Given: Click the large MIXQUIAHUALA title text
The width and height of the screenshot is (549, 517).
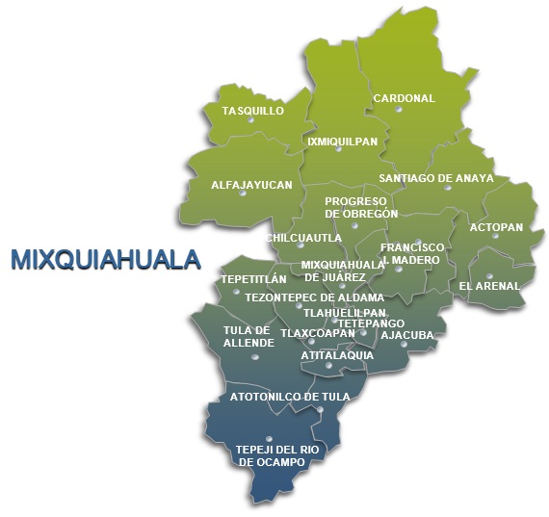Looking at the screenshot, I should point(106,259).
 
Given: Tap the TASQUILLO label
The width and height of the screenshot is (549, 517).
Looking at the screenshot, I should point(252,111).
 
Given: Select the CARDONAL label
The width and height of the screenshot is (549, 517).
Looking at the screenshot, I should point(404,98).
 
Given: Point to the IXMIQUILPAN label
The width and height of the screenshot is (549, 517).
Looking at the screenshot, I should point(342,142).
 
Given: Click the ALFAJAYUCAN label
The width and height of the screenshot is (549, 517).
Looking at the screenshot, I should point(250,184).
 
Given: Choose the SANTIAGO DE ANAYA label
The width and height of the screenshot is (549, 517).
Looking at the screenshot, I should point(435,178).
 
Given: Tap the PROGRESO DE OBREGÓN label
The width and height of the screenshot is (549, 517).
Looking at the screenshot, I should point(361,207).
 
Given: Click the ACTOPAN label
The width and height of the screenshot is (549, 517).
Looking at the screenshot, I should point(495,227).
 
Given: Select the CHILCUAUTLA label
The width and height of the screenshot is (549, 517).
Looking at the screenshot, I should point(303,237).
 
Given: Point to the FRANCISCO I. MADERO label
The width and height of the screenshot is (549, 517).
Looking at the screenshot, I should point(412,253).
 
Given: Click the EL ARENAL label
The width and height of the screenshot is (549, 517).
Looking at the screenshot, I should point(488,286).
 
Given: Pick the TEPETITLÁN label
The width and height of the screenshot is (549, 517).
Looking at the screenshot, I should point(254,279).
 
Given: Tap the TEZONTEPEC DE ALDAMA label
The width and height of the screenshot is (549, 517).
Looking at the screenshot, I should point(314,297).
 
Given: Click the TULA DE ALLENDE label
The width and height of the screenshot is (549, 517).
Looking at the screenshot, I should point(248,336).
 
